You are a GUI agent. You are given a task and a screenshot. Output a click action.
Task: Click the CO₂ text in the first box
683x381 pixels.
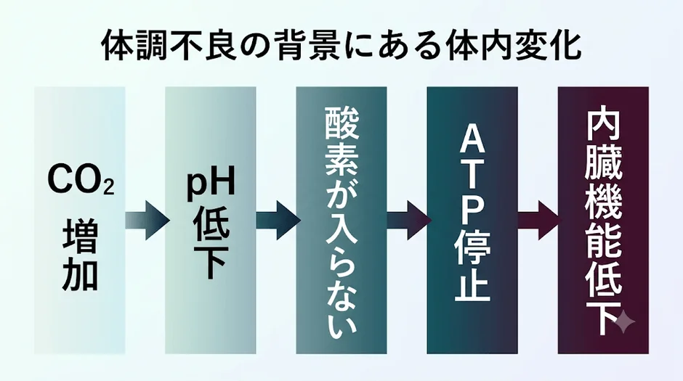tap(81, 179)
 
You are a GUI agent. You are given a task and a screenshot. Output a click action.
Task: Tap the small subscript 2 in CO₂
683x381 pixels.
tap(109, 187)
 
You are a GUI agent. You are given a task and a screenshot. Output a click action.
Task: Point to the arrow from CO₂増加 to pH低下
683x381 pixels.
tap(147, 220)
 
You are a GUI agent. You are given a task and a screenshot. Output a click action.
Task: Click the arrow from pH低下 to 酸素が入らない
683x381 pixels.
tap(278, 220)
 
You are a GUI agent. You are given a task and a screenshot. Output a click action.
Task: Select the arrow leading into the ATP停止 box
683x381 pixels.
tap(409, 220)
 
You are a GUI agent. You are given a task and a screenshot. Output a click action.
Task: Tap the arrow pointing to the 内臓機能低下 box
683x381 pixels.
tap(540, 220)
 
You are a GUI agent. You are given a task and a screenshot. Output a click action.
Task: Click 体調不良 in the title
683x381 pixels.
tap(169, 45)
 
